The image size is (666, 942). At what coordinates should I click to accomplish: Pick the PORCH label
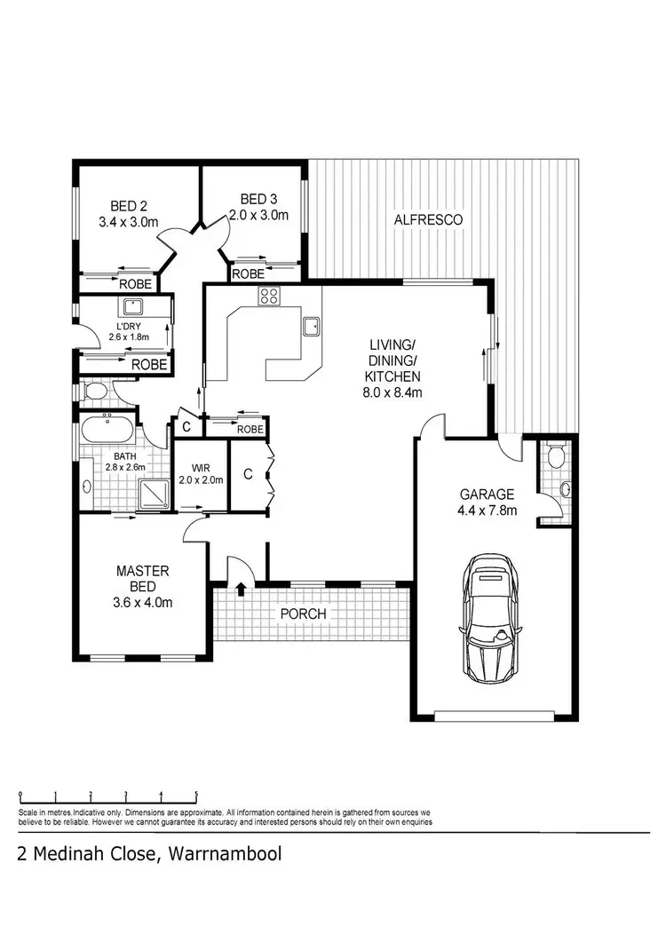[303, 613]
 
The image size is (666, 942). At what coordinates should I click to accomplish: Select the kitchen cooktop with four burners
[269, 297]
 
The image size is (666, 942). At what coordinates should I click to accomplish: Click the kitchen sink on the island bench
[311, 326]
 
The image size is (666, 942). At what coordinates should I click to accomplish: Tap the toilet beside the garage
[557, 456]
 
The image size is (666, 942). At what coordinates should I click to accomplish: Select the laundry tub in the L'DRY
[133, 307]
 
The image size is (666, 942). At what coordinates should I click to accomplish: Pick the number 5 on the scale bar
[196, 796]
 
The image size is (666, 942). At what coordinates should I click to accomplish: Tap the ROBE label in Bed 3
[247, 275]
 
